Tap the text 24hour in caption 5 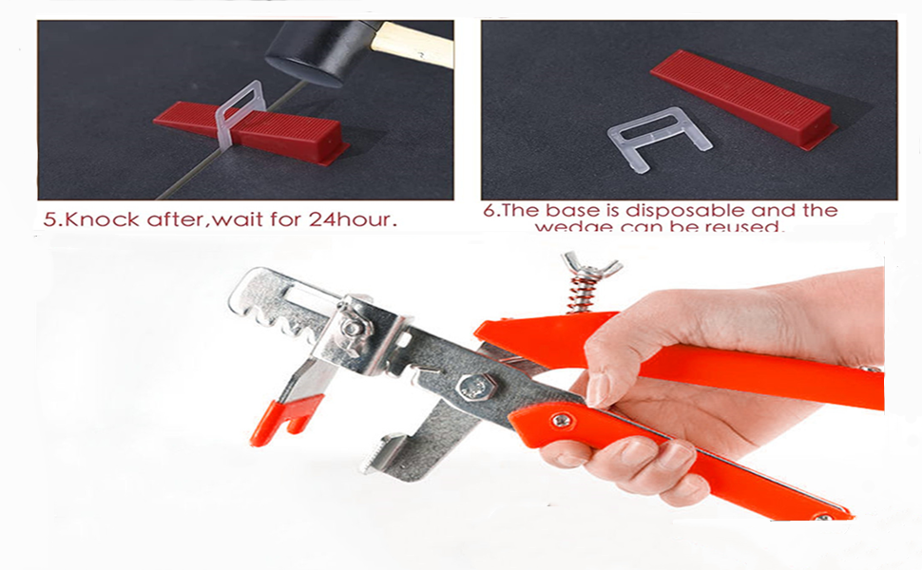click(x=351, y=219)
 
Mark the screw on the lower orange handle click(x=563, y=419)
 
